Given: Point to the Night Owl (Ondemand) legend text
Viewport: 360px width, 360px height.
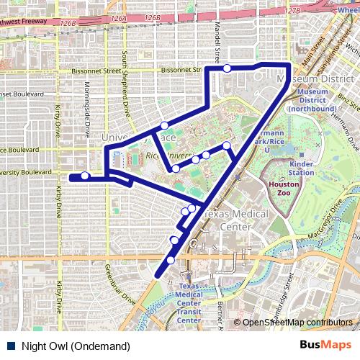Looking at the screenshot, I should pyautogui.click(x=76, y=346).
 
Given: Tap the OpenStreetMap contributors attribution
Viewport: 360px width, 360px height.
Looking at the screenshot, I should pyautogui.click(x=297, y=323).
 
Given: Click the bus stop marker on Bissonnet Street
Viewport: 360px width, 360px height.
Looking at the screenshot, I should pyautogui.click(x=227, y=68).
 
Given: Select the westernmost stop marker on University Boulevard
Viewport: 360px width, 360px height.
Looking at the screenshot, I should pyautogui.click(x=85, y=176).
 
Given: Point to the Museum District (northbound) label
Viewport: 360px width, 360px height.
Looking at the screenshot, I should pyautogui.click(x=312, y=100).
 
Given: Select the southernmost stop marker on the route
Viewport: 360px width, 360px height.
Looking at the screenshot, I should pyautogui.click(x=171, y=260).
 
